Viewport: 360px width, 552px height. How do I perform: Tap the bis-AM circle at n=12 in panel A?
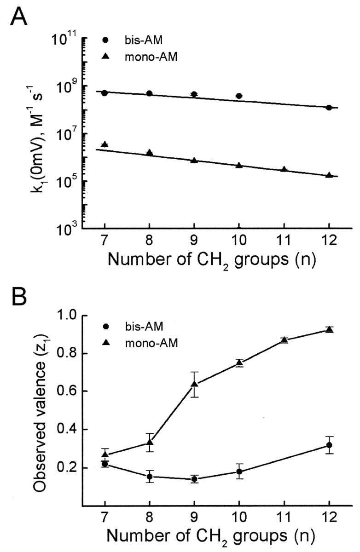(x=329, y=108)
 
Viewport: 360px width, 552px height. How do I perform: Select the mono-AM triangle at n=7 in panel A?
(x=105, y=144)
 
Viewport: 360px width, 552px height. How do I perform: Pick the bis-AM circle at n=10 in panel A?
(x=239, y=96)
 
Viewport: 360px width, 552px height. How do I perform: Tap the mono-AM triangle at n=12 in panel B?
(x=329, y=329)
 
